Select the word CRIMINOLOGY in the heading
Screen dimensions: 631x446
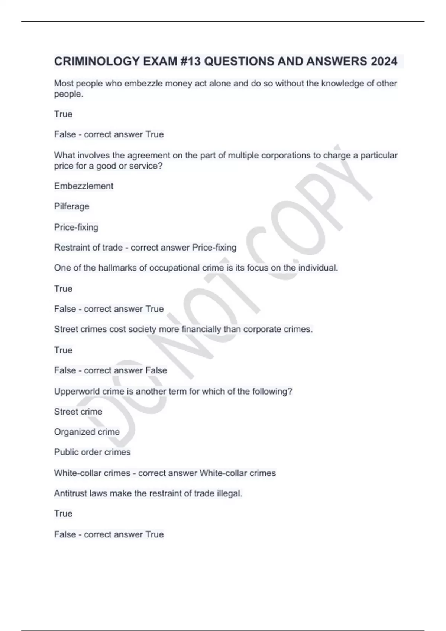[97, 61]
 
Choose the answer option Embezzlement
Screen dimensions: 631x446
[84, 186]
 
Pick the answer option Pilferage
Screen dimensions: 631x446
[72, 206]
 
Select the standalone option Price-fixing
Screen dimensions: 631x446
[76, 227]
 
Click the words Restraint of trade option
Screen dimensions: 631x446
[88, 248]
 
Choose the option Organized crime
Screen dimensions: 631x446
[87, 432]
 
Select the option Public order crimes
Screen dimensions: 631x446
[92, 452]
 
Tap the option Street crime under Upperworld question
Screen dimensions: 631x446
[78, 412]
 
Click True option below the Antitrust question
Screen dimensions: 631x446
[63, 514]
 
